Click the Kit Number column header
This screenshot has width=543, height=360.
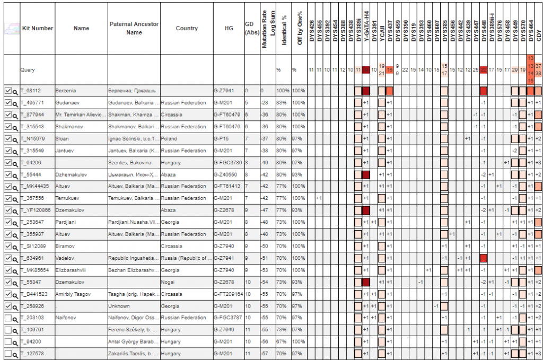coord(37,28)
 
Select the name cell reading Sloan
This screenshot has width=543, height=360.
coord(62,139)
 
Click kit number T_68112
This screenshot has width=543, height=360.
coord(31,91)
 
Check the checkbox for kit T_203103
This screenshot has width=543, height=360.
coord(7,318)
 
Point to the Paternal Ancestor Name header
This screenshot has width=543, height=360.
coord(134,28)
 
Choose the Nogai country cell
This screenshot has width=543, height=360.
coord(169,282)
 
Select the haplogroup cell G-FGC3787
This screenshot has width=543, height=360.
coord(228,318)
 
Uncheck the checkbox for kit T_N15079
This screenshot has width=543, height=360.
coord(7,139)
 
